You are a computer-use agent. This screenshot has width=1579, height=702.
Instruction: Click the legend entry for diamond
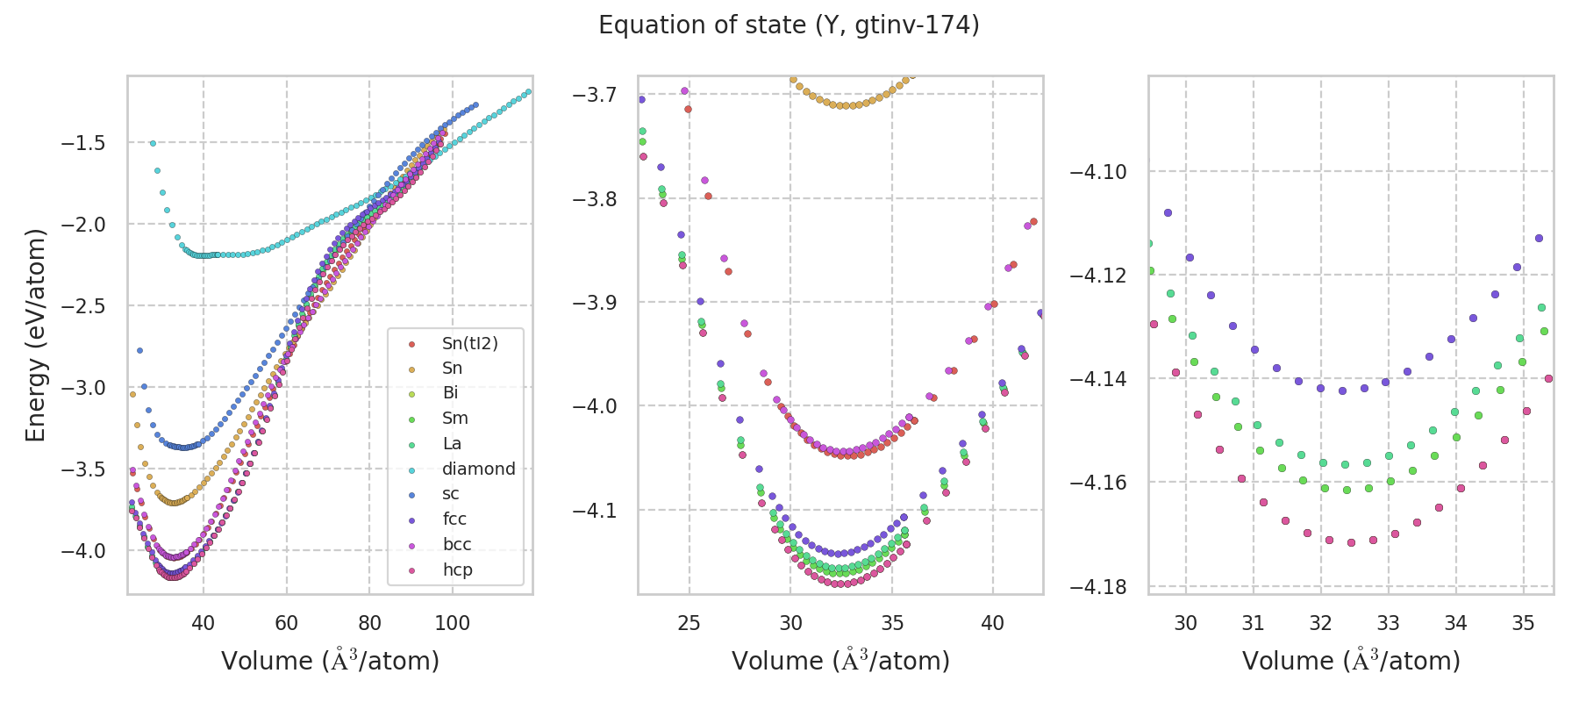(x=478, y=469)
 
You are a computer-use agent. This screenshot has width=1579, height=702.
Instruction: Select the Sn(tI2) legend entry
(x=469, y=343)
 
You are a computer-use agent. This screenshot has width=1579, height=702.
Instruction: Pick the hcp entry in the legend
(x=457, y=569)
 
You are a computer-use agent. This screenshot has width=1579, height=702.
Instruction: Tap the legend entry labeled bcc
(x=457, y=544)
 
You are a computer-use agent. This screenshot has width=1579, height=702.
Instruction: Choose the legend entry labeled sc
(x=450, y=494)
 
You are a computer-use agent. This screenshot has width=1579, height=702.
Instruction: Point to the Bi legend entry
(x=450, y=393)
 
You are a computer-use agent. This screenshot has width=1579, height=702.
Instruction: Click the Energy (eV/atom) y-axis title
(x=35, y=334)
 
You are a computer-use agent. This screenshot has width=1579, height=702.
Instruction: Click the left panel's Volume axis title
(x=330, y=661)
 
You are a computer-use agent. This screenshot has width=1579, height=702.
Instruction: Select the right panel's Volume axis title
(x=1351, y=661)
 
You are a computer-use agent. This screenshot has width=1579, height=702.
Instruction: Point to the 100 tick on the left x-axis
(x=453, y=623)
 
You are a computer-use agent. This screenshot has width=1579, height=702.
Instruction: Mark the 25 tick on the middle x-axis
(x=689, y=623)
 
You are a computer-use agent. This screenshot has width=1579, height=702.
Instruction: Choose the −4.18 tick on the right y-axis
(x=1097, y=586)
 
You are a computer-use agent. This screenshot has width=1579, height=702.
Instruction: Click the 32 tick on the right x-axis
(x=1321, y=623)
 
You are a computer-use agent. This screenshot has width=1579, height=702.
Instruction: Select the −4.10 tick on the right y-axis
(x=1097, y=172)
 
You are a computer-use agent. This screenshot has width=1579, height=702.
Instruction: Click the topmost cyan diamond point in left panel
(x=153, y=143)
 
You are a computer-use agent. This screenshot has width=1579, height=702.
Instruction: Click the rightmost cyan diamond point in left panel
(x=528, y=92)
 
